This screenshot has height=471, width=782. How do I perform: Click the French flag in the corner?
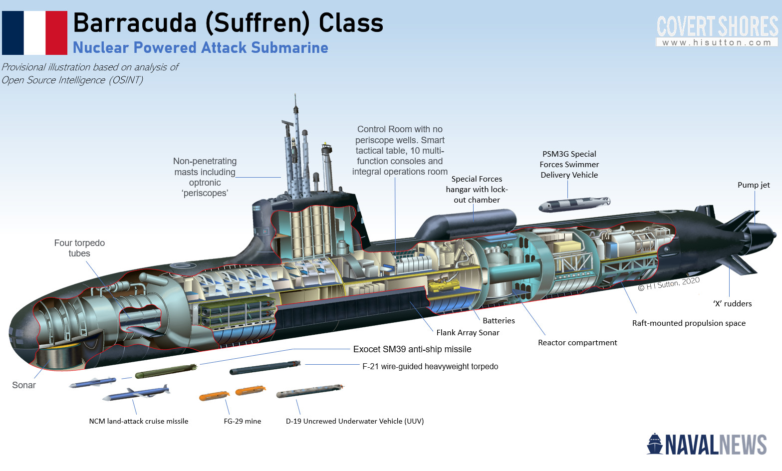tap(34, 33)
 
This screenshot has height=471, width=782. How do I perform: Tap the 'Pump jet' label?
tap(754, 185)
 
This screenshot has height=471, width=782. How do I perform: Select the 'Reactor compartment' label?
tap(577, 343)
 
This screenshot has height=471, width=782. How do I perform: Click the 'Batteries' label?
tap(499, 321)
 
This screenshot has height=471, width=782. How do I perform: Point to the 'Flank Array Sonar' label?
tap(468, 333)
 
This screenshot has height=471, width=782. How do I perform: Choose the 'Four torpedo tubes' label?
tap(79, 248)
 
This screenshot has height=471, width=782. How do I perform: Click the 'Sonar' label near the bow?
tap(24, 385)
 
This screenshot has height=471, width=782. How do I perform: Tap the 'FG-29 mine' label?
tap(243, 421)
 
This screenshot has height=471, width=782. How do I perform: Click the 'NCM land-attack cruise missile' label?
tap(139, 421)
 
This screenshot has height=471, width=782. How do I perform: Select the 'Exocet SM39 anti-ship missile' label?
tap(412, 349)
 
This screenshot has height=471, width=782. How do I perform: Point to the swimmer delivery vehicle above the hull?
tap(574, 204)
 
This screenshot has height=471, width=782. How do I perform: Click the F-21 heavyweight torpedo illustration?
tap(264, 368)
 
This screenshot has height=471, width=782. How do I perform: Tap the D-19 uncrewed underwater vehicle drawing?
tap(309, 391)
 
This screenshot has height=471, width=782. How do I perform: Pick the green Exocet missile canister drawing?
tap(166, 371)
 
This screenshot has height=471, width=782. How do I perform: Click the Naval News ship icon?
tap(655, 444)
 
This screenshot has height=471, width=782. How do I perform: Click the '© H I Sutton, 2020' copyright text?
tap(669, 283)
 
